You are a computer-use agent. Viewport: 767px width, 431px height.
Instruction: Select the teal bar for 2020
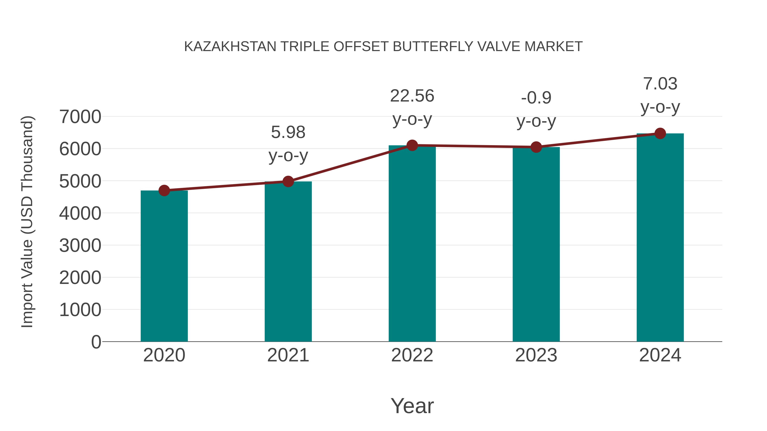tap(164, 266)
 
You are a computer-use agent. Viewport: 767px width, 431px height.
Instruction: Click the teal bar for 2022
tap(412, 244)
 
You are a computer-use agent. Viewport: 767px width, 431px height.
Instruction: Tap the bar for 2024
tap(660, 238)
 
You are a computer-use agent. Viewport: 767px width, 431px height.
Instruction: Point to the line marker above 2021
tap(288, 181)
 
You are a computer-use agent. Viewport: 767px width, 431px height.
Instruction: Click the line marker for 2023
tap(536, 147)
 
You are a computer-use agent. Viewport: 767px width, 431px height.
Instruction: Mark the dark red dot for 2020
tap(164, 190)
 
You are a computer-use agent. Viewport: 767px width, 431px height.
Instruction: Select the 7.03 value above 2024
tap(660, 84)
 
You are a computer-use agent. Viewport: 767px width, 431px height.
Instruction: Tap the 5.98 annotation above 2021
tap(288, 132)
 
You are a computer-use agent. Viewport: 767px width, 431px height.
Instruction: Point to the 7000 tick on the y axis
tap(80, 117)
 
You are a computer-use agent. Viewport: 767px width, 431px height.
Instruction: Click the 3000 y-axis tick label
tap(80, 246)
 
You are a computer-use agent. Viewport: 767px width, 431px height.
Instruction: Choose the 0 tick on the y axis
tap(96, 342)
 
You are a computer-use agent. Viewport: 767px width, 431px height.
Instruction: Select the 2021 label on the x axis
tap(288, 355)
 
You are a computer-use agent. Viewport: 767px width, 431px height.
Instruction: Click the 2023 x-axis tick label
tap(536, 355)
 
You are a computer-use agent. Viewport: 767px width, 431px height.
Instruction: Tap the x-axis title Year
tap(412, 406)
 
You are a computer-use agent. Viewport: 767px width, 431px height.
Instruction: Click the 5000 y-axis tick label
tap(80, 181)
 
